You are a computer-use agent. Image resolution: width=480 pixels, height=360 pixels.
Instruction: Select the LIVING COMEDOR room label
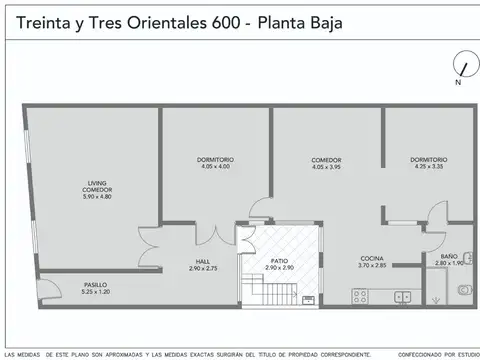pyautogui.click(x=97, y=187)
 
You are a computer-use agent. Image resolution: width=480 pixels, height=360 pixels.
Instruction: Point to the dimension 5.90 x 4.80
pyautogui.click(x=97, y=196)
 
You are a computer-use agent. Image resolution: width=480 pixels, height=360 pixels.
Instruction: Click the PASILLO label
pyautogui.click(x=96, y=285)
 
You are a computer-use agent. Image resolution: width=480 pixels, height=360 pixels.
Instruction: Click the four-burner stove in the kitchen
pyautogui.click(x=361, y=296)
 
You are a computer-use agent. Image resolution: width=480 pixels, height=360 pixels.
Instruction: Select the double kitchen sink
pyautogui.click(x=403, y=296)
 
